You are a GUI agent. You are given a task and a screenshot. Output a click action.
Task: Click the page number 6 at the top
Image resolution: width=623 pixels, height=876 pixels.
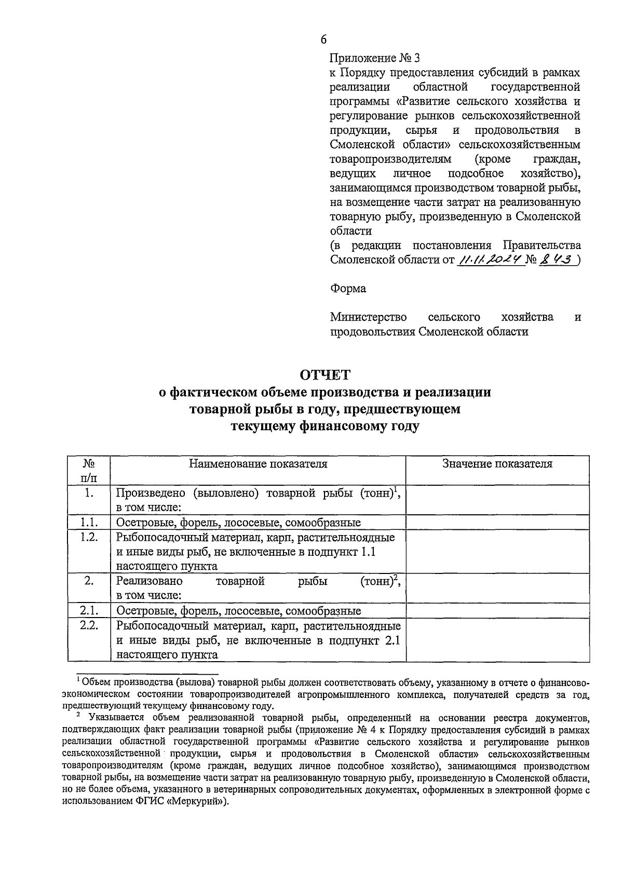pyautogui.click(x=324, y=39)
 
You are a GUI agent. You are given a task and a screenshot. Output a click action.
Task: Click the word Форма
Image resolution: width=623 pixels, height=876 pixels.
pyautogui.click(x=348, y=289)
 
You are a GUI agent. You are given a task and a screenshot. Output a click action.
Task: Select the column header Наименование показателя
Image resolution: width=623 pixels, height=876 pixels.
pyautogui.click(x=258, y=464)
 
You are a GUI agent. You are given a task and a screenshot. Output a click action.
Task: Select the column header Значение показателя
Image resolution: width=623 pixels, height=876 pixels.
pyautogui.click(x=497, y=464)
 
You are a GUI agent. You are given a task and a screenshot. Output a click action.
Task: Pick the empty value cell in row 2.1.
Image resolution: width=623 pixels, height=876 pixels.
pyautogui.click(x=497, y=611)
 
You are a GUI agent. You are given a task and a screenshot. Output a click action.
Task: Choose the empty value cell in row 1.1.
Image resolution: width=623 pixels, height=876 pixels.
pyautogui.click(x=497, y=522)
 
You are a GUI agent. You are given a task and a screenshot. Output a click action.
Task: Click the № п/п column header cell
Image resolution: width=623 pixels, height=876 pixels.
pyautogui.click(x=89, y=470)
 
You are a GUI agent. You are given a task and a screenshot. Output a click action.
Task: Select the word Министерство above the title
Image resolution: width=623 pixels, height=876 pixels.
pyautogui.click(x=369, y=317)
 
